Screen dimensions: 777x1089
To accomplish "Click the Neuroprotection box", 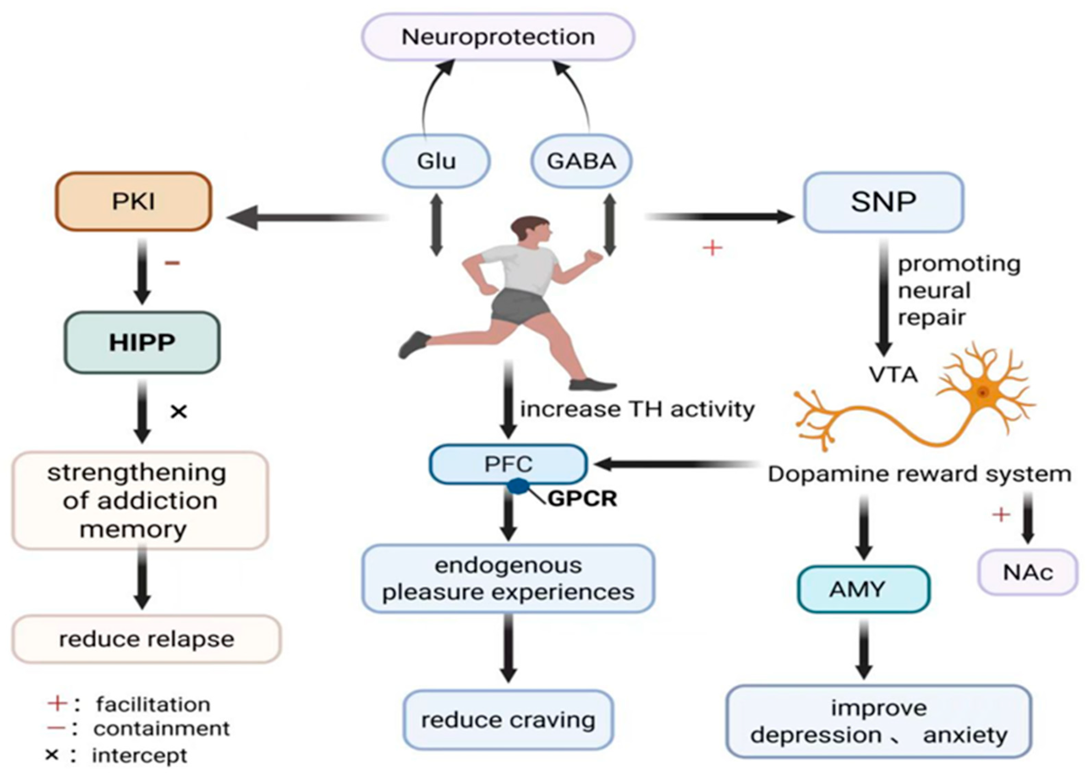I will click(498, 37).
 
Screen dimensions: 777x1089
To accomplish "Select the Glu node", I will click(436, 161).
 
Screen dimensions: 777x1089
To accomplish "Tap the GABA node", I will click(581, 161).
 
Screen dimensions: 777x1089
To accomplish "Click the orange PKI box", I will click(134, 201).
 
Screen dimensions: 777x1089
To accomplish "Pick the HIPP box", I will click(142, 343).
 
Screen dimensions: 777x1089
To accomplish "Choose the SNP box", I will click(883, 202).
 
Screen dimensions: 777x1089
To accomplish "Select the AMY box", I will click(863, 589).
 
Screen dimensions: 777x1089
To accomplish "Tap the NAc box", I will click(1028, 572).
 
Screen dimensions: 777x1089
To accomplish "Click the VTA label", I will click(893, 375).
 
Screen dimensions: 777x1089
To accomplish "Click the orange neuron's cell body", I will click(982, 392).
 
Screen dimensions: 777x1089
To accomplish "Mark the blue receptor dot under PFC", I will click(518, 486).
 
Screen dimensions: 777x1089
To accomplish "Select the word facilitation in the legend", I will click(153, 704).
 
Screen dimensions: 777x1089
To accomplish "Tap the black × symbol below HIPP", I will click(178, 411).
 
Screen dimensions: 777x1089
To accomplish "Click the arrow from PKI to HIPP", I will click(142, 272).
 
